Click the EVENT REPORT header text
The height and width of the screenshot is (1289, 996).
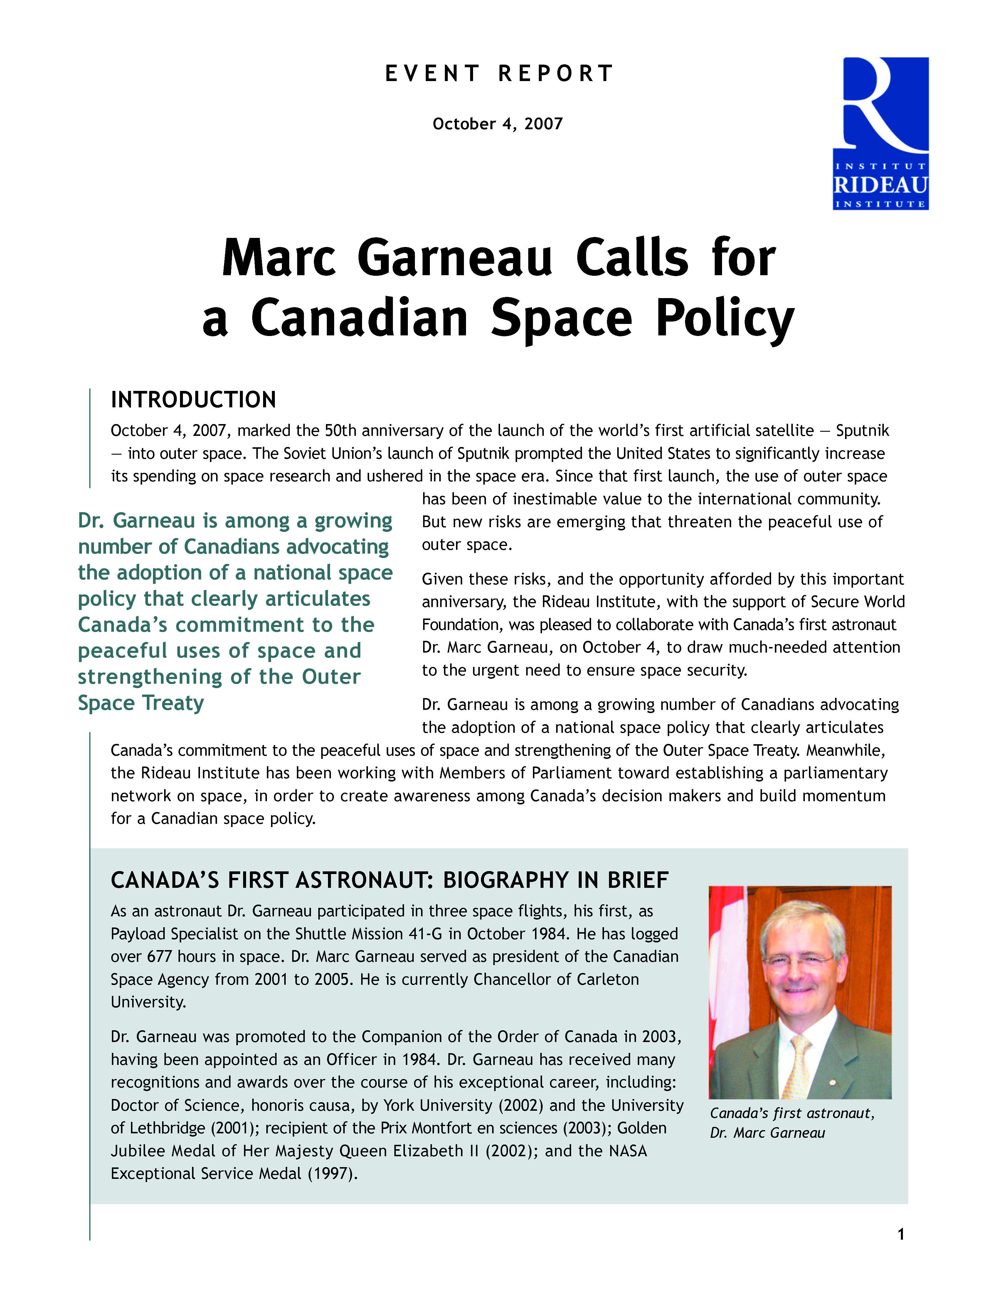click(499, 74)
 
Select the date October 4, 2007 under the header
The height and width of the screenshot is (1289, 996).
click(497, 124)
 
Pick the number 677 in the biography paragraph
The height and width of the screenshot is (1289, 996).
click(159, 957)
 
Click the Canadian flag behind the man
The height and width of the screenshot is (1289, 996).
click(721, 968)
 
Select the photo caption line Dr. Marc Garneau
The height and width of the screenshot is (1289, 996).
click(767, 1132)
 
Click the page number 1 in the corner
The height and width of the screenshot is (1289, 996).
click(900, 1234)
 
